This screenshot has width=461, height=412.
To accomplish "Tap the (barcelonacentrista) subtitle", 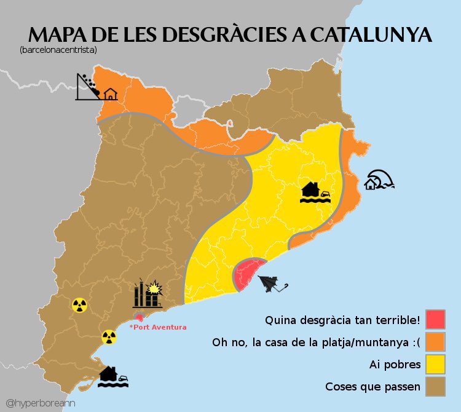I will [x=58, y=49].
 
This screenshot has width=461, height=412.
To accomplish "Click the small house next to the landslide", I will [x=110, y=94].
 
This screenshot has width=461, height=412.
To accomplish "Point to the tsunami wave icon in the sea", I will [x=379, y=180].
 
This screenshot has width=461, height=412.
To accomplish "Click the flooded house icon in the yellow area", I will [x=316, y=192].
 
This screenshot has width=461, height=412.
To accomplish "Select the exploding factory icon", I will [x=148, y=293].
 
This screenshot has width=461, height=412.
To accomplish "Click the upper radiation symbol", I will [x=79, y=304].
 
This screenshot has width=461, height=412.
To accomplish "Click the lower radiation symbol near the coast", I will [x=109, y=336].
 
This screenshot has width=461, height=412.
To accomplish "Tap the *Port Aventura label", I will [x=158, y=327].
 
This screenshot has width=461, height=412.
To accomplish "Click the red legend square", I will [x=436, y=320].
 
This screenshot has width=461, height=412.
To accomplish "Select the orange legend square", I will [x=436, y=342].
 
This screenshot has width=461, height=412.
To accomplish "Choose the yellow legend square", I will [x=436, y=365].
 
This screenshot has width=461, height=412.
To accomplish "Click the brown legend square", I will [x=436, y=387].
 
